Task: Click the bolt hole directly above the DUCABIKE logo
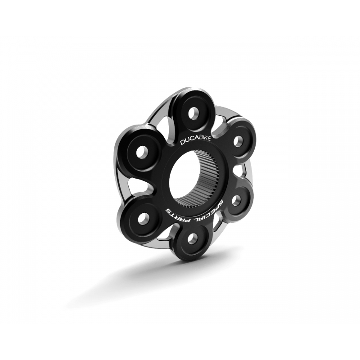coord(193,112)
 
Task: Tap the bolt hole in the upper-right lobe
coord(234,140)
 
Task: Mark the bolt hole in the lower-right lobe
coord(234,202)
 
